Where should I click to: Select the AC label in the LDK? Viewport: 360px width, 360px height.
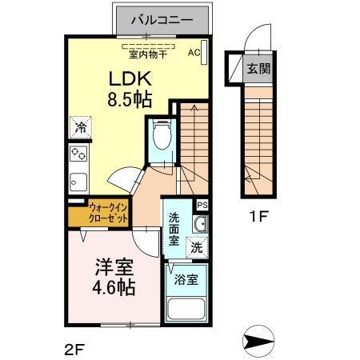coord(194,53)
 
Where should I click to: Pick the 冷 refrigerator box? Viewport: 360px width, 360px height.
coord(80,127)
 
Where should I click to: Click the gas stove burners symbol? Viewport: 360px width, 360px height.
coord(78,154)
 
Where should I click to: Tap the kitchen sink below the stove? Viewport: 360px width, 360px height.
coord(78,180)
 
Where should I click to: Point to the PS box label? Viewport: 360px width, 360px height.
coord(202,206)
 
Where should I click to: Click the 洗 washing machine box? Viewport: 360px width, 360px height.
coord(196,248)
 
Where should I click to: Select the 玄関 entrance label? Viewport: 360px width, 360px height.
coord(258,69)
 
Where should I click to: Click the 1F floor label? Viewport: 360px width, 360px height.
coord(256,215)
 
